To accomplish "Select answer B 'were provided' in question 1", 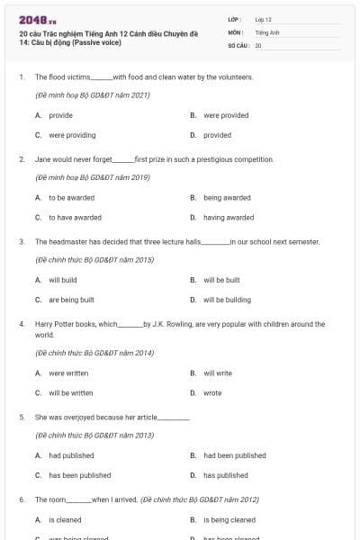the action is pos(225,115).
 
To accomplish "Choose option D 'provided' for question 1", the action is pos(217,135).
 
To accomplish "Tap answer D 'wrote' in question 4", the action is pos(212,392).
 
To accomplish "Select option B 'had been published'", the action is pos(234,455).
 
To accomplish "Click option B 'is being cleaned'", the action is pos(229,519).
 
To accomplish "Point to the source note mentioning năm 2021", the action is pos(92,94).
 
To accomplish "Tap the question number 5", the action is pos(22,418).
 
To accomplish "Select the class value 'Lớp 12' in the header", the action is pos(263,19).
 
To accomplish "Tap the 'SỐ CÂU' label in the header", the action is pos(238,44).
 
